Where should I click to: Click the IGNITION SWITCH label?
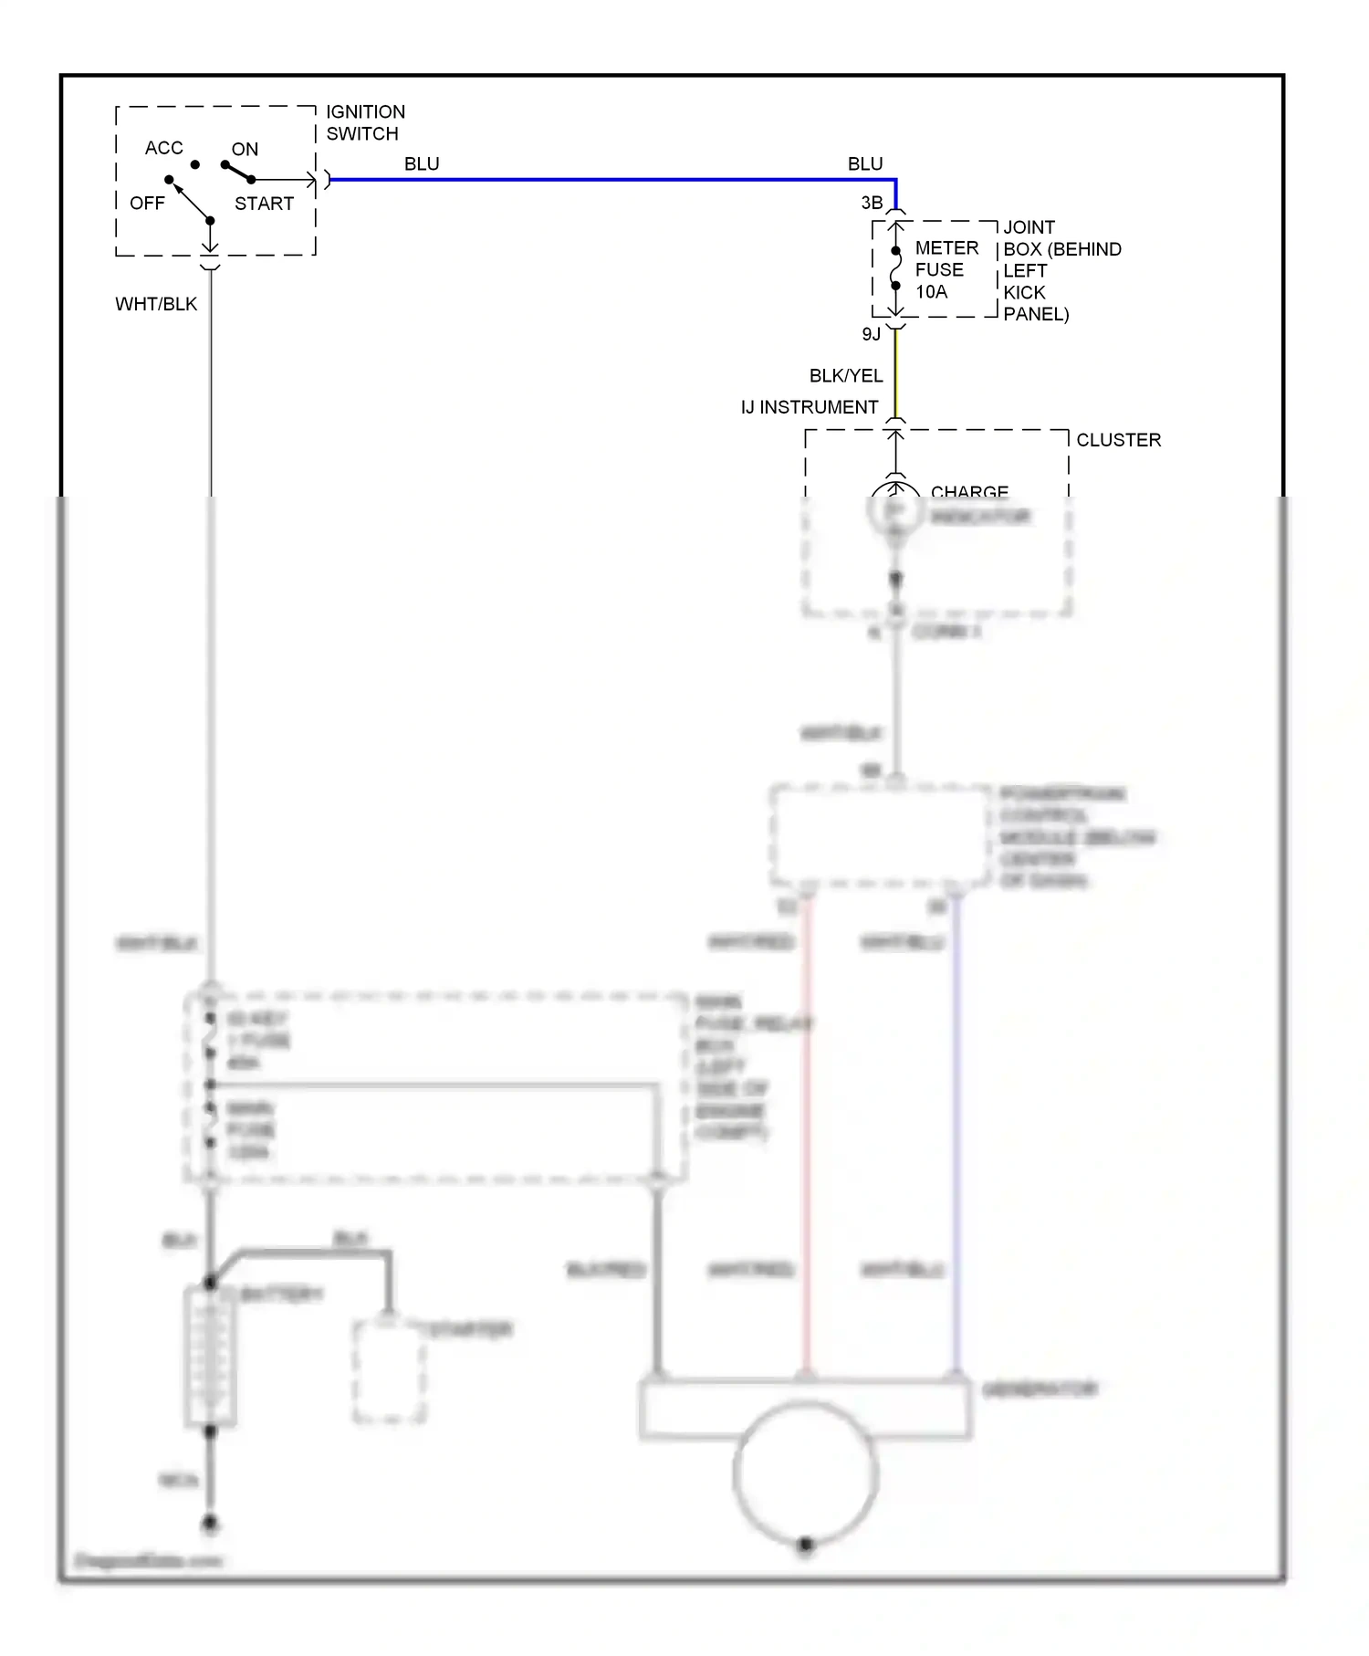coord(365,122)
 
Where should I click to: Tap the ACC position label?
coord(163,148)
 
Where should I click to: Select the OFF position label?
coord(147,203)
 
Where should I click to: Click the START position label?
coord(264,204)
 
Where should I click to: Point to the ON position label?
coord(245,149)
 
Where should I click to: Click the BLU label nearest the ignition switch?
coord(422,164)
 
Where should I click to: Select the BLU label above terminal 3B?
coord(864,164)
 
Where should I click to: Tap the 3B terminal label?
coord(872,203)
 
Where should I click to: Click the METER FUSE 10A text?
coord(946,269)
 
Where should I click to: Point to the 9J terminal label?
coord(871,334)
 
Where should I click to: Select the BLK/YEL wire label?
coord(845,376)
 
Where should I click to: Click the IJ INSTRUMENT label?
coord(809,407)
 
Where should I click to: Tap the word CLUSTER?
coord(1118,440)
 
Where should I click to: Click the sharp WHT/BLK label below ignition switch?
coord(156,304)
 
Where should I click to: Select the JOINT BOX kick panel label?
coord(1061,270)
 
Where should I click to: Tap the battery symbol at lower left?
coord(211,1356)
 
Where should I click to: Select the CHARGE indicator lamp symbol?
coord(895,509)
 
